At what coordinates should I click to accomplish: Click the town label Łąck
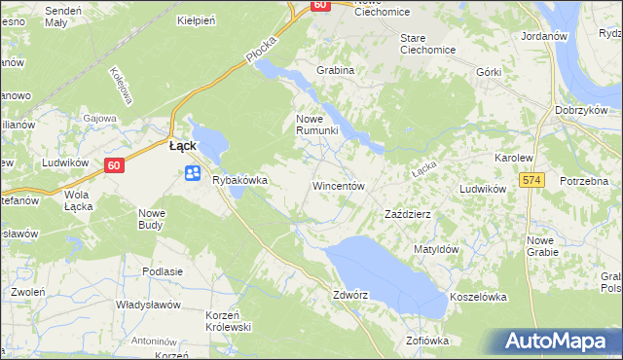coord(183,145)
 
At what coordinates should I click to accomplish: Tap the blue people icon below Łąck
coord(192,173)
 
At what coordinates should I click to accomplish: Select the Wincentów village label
coord(338,185)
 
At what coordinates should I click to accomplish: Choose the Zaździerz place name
coord(408,213)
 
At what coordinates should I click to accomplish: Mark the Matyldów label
coord(435,249)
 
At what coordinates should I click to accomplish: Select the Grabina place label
coord(334,70)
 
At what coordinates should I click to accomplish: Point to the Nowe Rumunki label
coord(316,125)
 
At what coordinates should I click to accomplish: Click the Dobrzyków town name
coord(582,110)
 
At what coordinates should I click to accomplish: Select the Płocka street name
coord(262,53)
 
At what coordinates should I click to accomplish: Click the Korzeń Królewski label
coord(229,321)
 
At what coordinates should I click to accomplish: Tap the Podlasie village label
coord(163,271)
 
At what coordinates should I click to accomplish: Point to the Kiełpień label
coord(195,19)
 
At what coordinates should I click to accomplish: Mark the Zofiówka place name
coord(428,341)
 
